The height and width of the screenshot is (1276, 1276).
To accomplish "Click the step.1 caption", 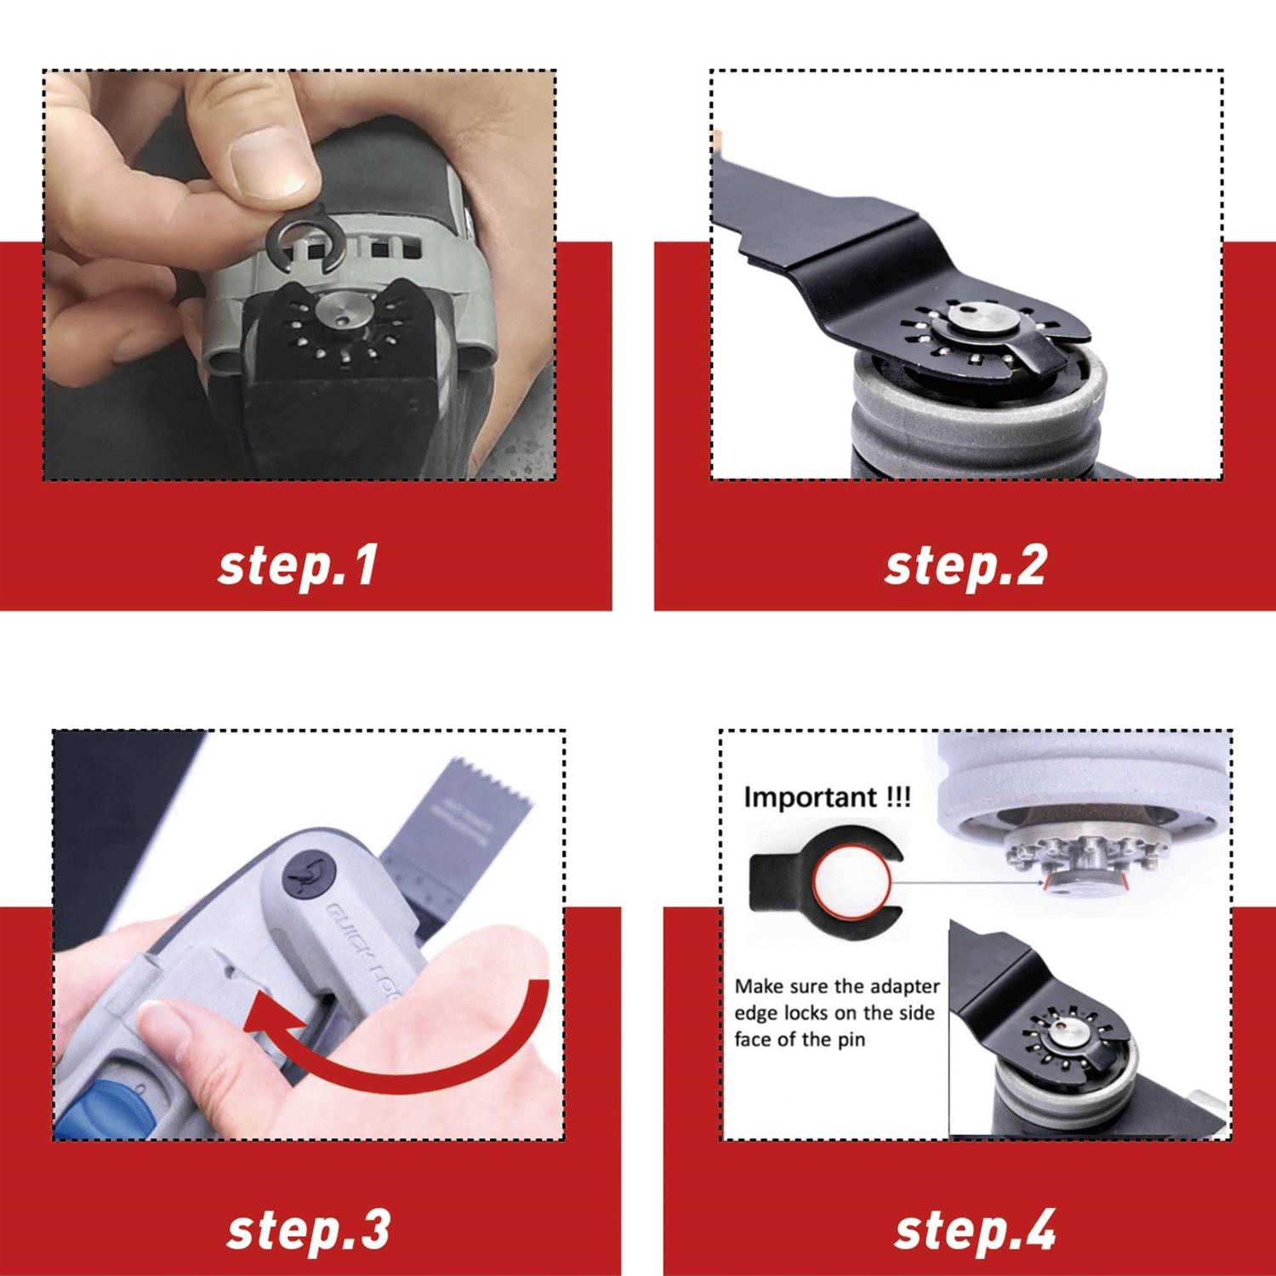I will pyautogui.click(x=298, y=566).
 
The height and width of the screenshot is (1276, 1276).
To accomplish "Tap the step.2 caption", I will pyautogui.click(x=965, y=566).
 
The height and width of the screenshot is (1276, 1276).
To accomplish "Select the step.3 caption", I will pyautogui.click(x=308, y=1230).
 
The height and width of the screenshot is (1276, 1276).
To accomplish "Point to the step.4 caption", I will pyautogui.click(x=974, y=1230).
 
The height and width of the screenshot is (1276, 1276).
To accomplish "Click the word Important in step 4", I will pyautogui.click(x=810, y=797).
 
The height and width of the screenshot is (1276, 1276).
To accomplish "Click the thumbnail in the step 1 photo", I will pyautogui.click(x=268, y=162).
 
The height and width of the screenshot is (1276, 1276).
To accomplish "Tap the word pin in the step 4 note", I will pyautogui.click(x=851, y=1040).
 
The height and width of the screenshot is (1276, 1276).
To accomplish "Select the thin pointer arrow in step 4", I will pyautogui.click(x=970, y=883).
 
